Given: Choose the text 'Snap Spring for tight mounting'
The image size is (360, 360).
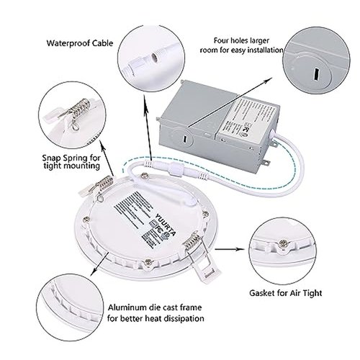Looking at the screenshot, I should pyautogui.click(x=71, y=161).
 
